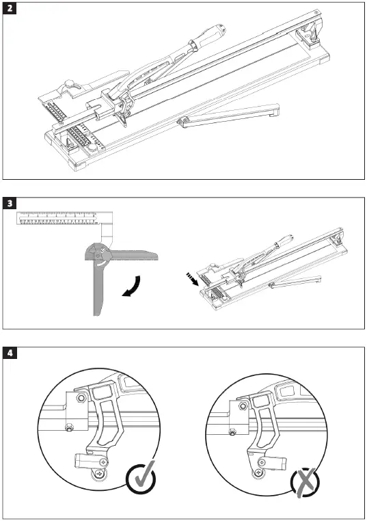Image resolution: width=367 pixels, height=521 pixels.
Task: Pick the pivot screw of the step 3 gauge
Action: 101,252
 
